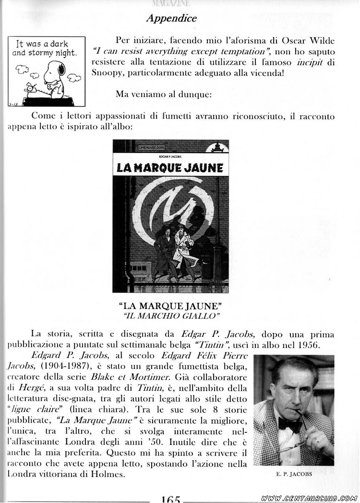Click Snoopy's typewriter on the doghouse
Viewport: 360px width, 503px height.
point(33,90)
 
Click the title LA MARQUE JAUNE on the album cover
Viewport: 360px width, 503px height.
point(170,168)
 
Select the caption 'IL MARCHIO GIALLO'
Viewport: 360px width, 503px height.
point(171,315)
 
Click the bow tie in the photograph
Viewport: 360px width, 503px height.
point(290,423)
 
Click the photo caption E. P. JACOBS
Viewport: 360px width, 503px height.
point(294,474)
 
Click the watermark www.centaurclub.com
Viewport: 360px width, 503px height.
point(309,498)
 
